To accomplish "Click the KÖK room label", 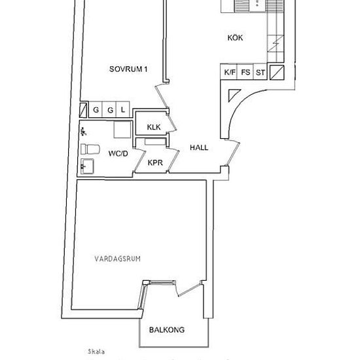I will pos(235,38).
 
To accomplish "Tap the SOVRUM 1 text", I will pos(128,68).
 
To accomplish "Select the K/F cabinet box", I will pos(229,73).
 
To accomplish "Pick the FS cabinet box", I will pos(245,73).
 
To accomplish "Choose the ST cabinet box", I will pos(261,73).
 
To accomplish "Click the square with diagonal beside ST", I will pos(278,73).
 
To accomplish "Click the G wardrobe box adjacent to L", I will pos(109,110).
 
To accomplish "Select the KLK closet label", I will pos(154,127).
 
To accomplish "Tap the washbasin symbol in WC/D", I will pos(87,168).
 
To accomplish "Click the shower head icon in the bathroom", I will pos(83,132).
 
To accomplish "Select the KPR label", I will pos(155,162).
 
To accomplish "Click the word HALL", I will pos(199,148).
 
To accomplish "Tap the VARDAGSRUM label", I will pos(117,259).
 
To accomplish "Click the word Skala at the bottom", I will pos(96,351).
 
